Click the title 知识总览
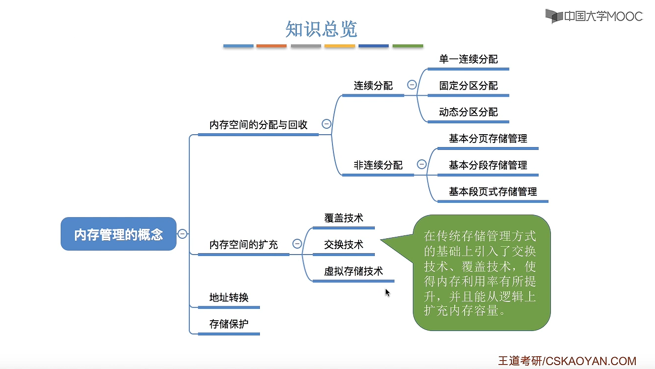click(x=321, y=29)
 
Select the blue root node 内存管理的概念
click(x=118, y=234)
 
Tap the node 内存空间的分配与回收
click(x=258, y=125)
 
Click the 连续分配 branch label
click(x=373, y=85)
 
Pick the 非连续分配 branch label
click(x=378, y=165)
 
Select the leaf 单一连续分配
click(x=469, y=59)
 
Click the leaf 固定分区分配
click(x=469, y=86)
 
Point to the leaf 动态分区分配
click(x=469, y=112)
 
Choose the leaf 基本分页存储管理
click(x=488, y=139)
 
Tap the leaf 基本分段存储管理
click(x=488, y=165)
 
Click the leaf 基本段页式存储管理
click(x=493, y=191)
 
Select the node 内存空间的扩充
click(x=244, y=244)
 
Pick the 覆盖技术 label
click(x=343, y=218)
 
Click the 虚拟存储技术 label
click(x=353, y=271)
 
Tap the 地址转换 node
click(x=229, y=297)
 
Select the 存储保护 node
click(x=229, y=324)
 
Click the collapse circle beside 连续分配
click(x=412, y=85)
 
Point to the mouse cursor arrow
click(x=388, y=293)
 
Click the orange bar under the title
click(x=271, y=46)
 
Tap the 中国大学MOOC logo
click(x=594, y=16)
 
